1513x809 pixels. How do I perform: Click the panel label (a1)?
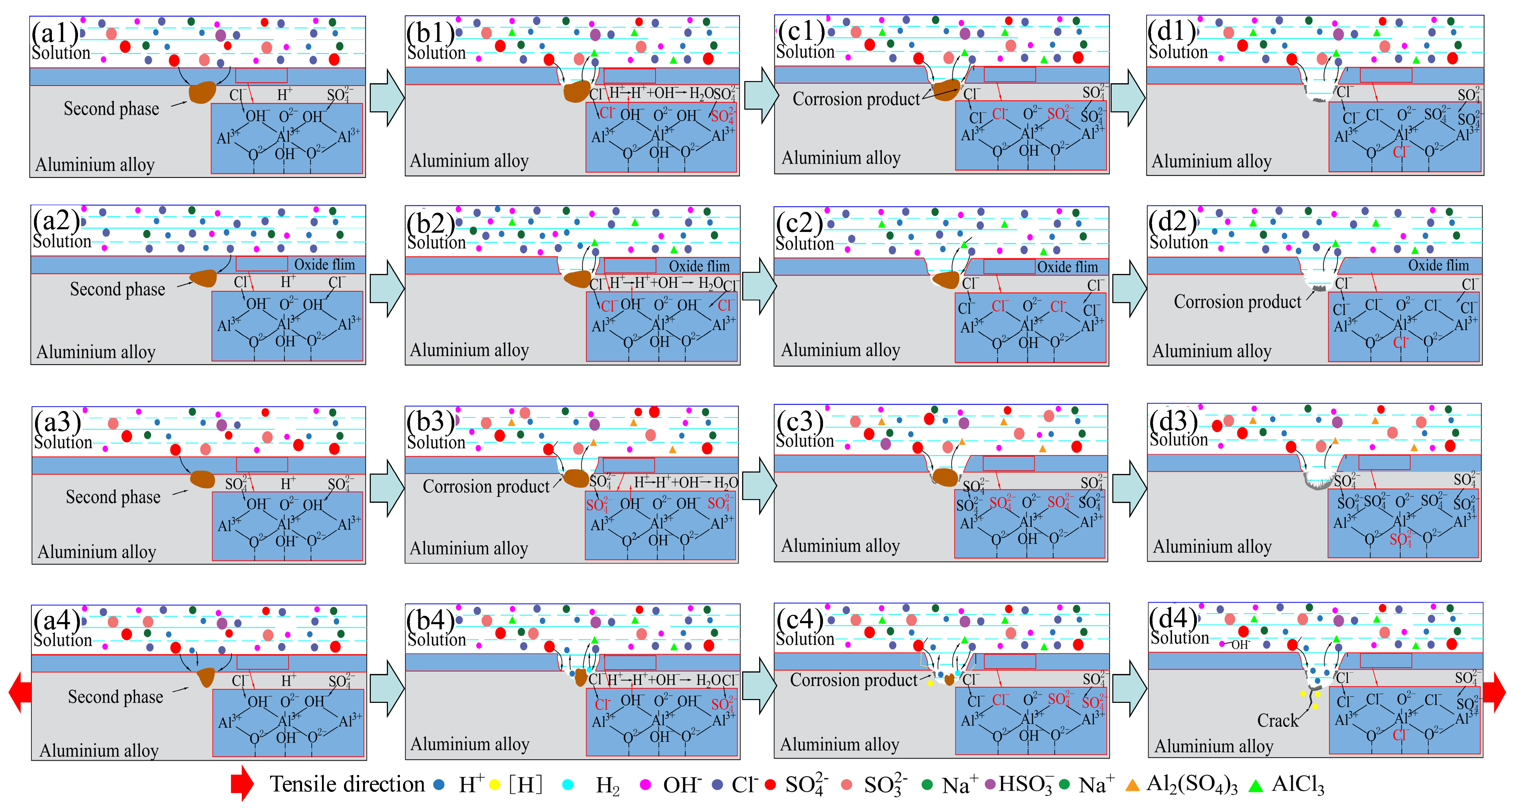click(55, 32)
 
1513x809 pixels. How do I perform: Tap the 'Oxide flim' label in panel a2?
click(324, 264)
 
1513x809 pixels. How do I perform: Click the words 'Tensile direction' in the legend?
click(346, 784)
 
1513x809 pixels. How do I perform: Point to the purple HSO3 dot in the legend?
click(990, 784)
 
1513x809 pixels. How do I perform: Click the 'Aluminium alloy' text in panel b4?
click(469, 744)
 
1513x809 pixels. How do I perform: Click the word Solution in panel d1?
click(1178, 52)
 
